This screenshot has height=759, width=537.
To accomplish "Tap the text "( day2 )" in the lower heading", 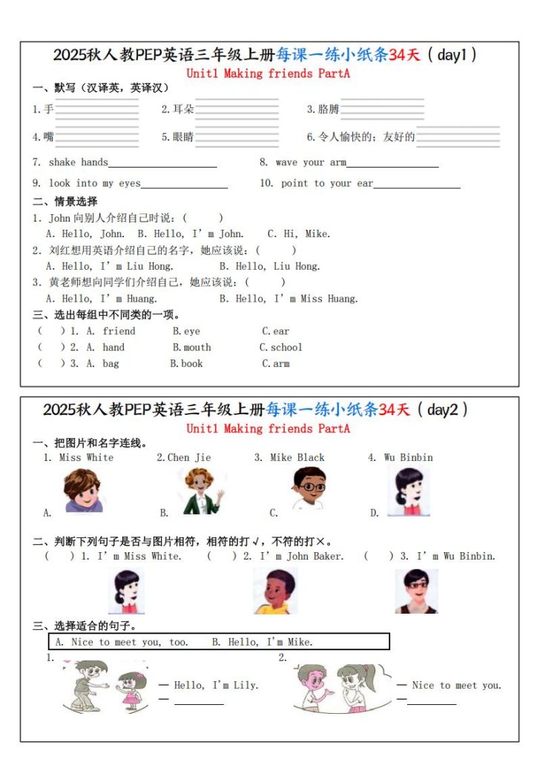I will coord(441,409).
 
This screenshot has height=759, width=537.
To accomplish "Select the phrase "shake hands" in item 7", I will coord(78,162).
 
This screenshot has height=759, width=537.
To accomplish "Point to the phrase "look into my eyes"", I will coord(94,183).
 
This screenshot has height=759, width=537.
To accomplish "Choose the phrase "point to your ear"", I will coord(327,183).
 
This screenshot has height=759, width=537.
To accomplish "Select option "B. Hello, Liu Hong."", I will coord(269,266).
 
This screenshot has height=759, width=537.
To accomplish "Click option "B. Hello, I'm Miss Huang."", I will coord(289,299).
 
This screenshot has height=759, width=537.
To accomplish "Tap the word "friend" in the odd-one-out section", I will coord(119,331).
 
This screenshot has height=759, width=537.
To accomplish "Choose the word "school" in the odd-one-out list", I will coord(286,347).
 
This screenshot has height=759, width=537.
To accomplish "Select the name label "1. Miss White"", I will coord(79,457).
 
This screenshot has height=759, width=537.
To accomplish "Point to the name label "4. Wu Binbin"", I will coord(401,457).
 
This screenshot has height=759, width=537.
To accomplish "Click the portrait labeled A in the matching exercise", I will coord(82,491).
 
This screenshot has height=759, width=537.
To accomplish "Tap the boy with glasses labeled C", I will coord(308,489).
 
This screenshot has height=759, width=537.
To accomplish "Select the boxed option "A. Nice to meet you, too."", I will coord(122,642).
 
